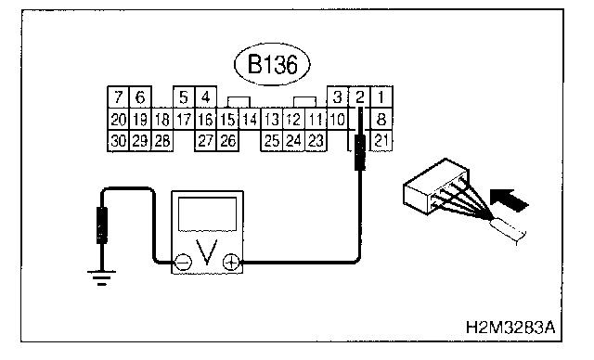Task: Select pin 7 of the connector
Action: tap(118, 97)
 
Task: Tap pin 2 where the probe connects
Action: tap(359, 97)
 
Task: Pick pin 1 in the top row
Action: tap(381, 97)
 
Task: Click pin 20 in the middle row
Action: tap(118, 120)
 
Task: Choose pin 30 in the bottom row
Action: tap(118, 141)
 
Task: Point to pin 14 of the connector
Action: tap(250, 120)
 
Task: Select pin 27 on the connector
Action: tap(206, 141)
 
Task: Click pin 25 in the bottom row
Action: tap(272, 141)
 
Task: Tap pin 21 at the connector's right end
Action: tap(381, 141)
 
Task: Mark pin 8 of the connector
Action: tap(381, 120)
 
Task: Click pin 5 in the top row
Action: tap(184, 97)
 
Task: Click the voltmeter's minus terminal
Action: tap(184, 262)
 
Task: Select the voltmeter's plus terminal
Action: tap(231, 262)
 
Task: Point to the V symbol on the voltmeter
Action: tap(207, 251)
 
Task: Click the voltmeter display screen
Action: tap(207, 214)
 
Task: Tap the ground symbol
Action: tap(101, 277)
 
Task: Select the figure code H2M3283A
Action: tap(510, 328)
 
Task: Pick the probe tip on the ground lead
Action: tap(102, 225)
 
